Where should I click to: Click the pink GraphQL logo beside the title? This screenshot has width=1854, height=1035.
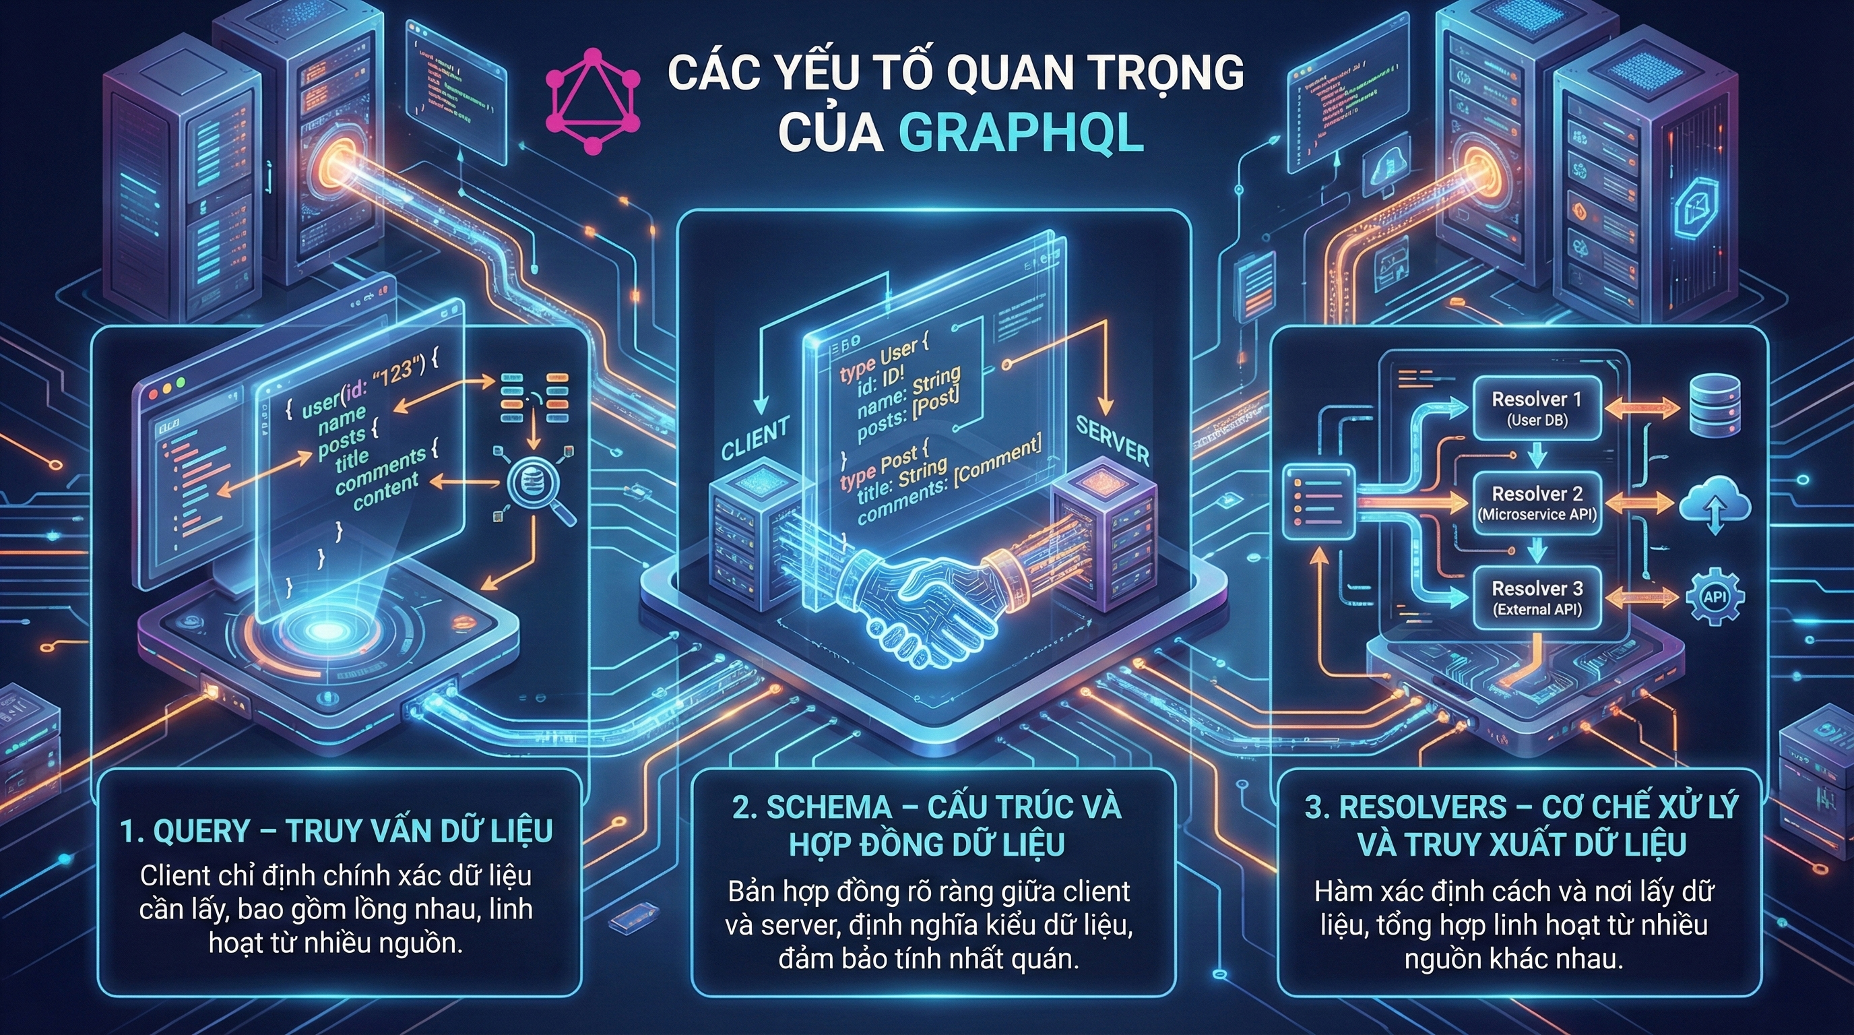tap(592, 101)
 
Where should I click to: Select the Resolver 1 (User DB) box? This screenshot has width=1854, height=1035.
tap(1537, 408)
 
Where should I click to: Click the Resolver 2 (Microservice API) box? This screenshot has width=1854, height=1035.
tap(1537, 503)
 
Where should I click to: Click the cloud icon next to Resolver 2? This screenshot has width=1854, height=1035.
tap(1715, 504)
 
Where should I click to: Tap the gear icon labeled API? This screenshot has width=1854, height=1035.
tap(1716, 596)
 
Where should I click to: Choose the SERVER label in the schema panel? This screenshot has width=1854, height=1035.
tap(1112, 441)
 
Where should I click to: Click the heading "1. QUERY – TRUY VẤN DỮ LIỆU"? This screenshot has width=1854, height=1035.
tap(336, 832)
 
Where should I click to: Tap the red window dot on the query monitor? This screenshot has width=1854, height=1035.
tap(154, 395)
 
